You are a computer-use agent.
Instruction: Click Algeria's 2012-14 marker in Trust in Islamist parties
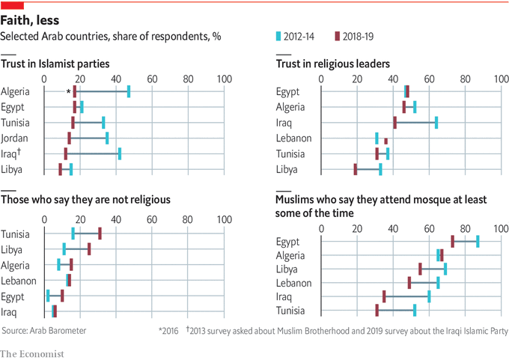[129, 91]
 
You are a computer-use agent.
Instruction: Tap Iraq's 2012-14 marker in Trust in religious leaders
[436, 123]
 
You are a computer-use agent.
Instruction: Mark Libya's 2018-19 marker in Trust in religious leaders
[356, 170]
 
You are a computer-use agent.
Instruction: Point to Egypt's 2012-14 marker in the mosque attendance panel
[478, 241]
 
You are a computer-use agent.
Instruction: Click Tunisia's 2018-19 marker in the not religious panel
[100, 234]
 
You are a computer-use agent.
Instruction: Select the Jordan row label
[15, 138]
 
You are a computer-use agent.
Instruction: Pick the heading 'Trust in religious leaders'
[332, 64]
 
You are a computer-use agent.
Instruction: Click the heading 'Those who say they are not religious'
[85, 200]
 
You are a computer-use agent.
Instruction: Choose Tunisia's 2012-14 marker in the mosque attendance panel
[414, 311]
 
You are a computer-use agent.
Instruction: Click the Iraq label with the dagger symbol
[15, 153]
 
